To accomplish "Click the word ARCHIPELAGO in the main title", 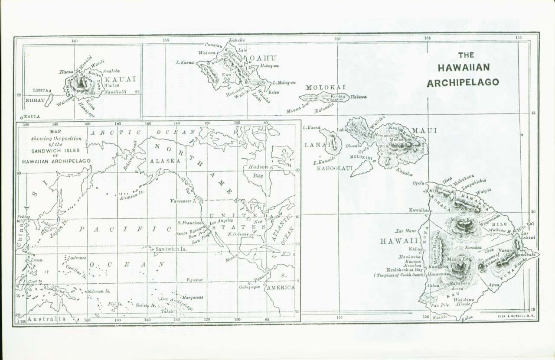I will [463, 82].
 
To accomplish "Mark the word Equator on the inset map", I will [195, 280].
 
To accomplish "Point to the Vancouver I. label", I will [183, 201].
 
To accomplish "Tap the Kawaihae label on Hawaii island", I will [419, 210].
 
